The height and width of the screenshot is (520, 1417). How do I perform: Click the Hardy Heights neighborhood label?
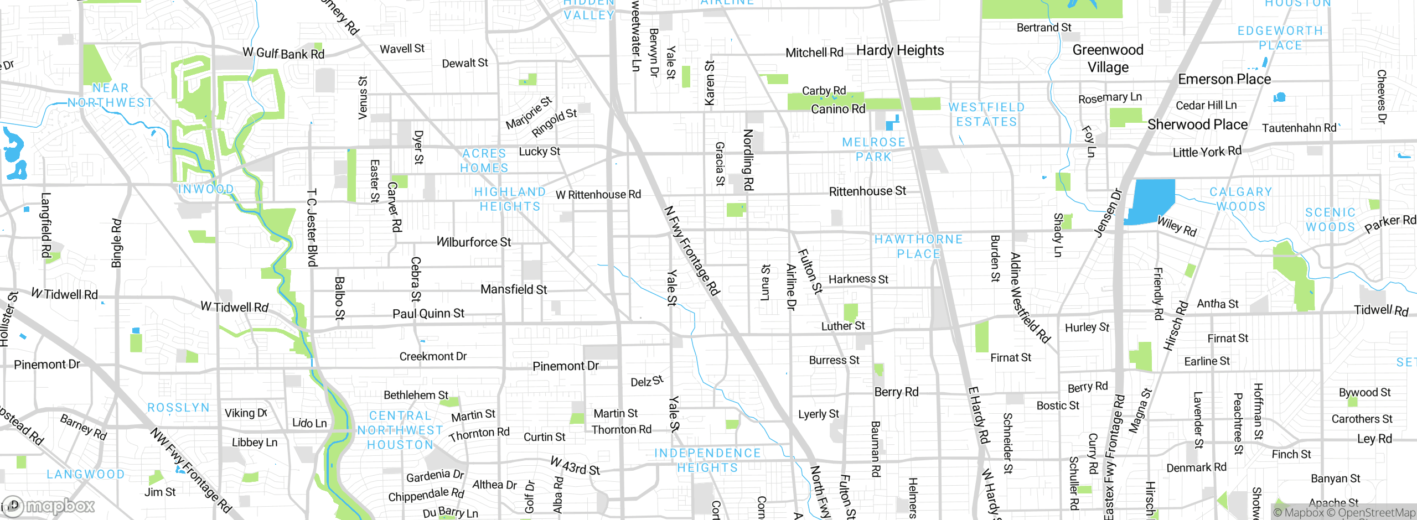pyautogui.click(x=899, y=51)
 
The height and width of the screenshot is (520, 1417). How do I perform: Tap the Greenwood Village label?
pyautogui.click(x=1108, y=59)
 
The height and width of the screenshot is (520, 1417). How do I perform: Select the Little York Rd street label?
pyautogui.click(x=1207, y=152)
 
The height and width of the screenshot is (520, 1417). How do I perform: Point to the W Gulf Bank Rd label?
pyautogui.click(x=283, y=53)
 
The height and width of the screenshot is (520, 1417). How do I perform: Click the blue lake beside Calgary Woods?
pyautogui.click(x=1151, y=200)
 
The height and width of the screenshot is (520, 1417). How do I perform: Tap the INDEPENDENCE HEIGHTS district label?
pyautogui.click(x=707, y=460)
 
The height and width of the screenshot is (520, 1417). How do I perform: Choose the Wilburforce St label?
pyautogui.click(x=474, y=242)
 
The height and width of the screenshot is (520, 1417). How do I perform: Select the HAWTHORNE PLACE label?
pyautogui.click(x=918, y=247)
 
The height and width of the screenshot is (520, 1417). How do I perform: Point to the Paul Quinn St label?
pyautogui.click(x=428, y=314)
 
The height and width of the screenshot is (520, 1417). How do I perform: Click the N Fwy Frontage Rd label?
pyautogui.click(x=691, y=251)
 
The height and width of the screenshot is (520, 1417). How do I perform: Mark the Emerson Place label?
pyautogui.click(x=1224, y=80)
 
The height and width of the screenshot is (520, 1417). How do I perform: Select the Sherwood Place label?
pyautogui.click(x=1197, y=124)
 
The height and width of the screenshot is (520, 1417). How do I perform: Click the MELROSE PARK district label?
pyautogui.click(x=873, y=149)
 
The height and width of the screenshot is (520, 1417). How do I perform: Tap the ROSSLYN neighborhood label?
pyautogui.click(x=178, y=408)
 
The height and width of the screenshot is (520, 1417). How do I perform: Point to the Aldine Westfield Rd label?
pyautogui.click(x=1029, y=298)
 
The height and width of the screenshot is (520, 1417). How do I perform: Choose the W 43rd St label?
pyautogui.click(x=575, y=466)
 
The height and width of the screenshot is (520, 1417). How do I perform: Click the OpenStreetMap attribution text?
pyautogui.click(x=1376, y=513)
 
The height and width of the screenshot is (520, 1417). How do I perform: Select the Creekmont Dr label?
pyautogui.click(x=433, y=356)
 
